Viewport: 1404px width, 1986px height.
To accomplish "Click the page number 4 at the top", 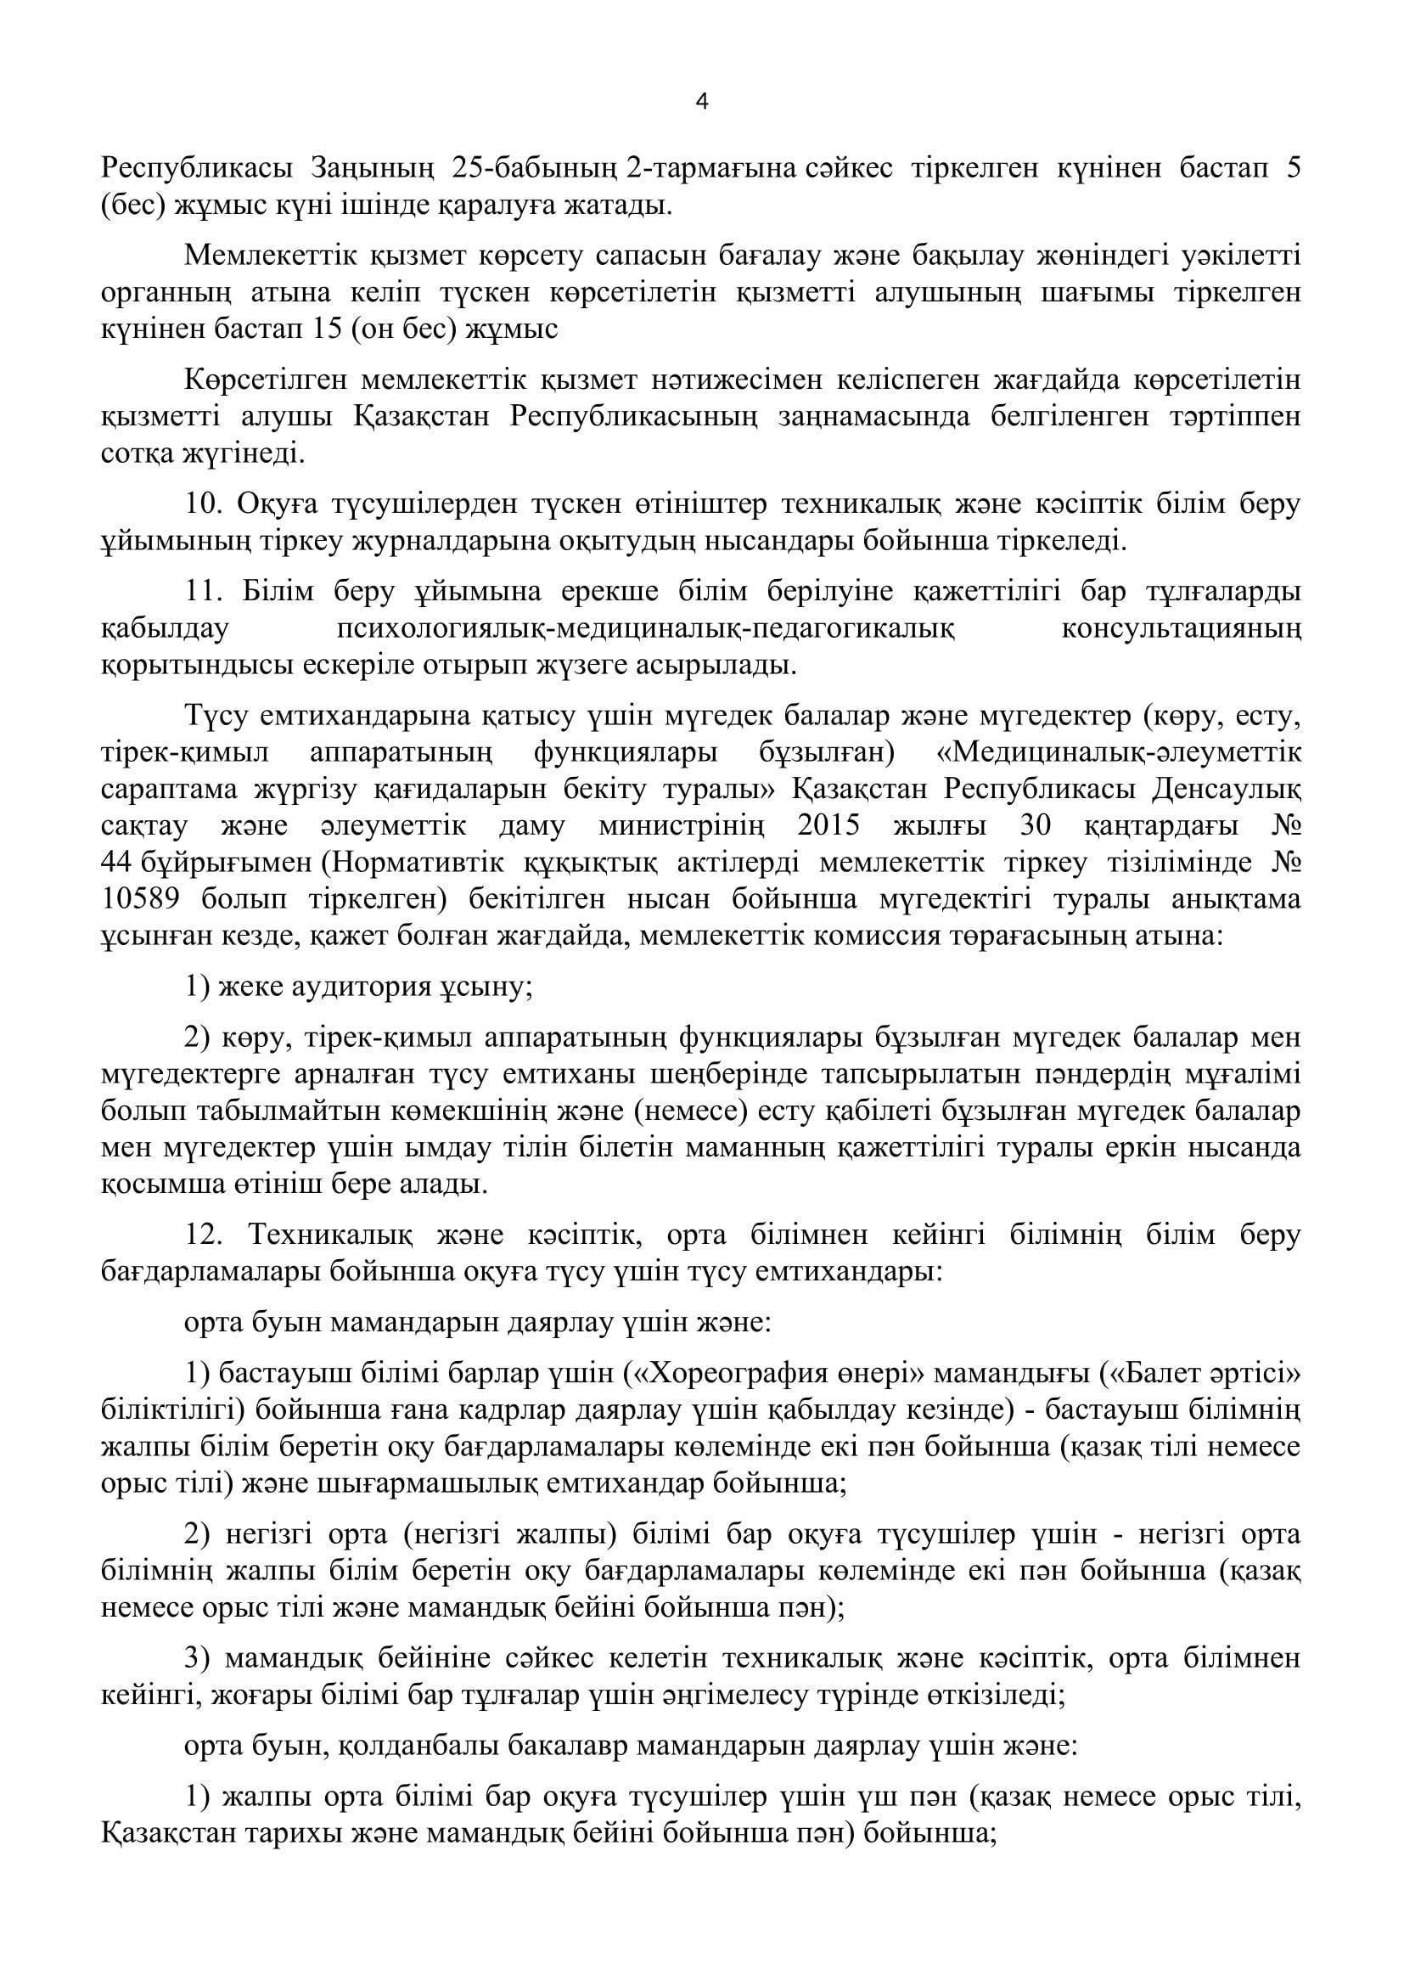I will pos(702,102).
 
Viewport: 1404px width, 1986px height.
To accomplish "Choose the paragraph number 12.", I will pos(202,1235).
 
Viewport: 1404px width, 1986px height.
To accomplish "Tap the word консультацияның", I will pos(1180,629).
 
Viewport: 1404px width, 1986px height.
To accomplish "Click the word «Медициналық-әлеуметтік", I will pos(1119,751).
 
